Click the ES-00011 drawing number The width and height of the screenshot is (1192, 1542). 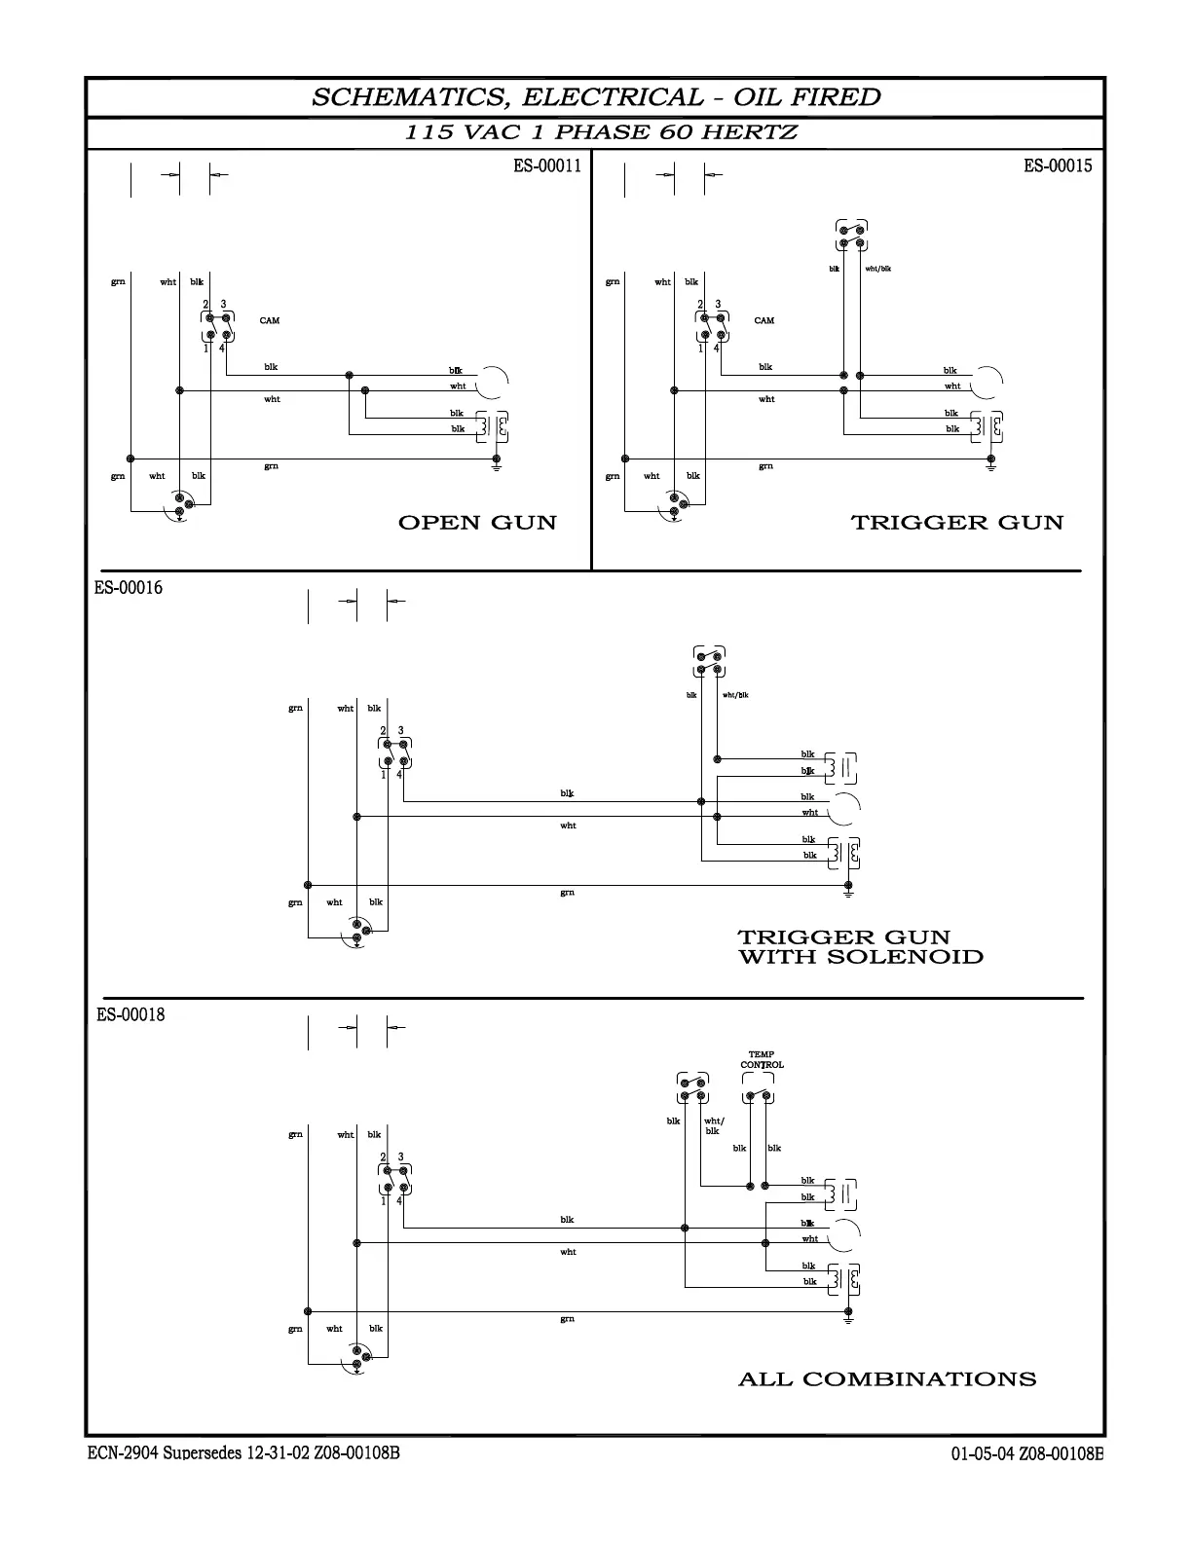pos(547,165)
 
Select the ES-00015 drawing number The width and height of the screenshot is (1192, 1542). pos(1058,165)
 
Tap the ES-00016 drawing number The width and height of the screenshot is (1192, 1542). pos(129,588)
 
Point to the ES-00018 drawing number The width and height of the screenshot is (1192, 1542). pos(130,1014)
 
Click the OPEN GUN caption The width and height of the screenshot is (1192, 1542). pos(477,523)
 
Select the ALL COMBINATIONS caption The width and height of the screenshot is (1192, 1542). pos(887,1379)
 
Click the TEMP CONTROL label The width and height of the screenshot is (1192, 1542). pos(762,1060)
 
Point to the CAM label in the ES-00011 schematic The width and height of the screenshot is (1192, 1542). pos(270,320)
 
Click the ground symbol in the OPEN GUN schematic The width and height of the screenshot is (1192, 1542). pos(497,465)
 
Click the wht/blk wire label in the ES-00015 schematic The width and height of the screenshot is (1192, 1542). pos(877,269)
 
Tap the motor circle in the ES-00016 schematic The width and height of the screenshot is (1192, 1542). pos(845,807)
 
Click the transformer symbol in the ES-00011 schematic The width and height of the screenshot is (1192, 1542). pos(493,426)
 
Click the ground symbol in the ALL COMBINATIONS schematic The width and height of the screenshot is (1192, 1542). pos(848,1318)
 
